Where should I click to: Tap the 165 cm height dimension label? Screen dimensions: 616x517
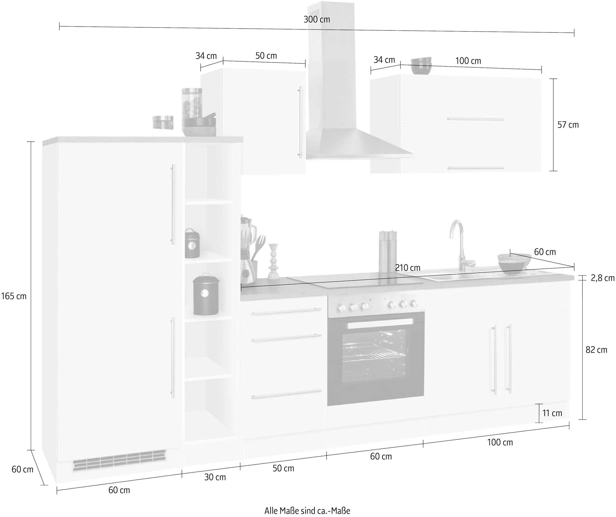[14, 296]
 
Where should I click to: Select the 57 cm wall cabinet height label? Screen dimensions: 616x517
[568, 125]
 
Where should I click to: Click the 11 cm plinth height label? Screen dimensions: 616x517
[552, 413]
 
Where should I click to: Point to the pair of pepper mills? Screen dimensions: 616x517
[388, 252]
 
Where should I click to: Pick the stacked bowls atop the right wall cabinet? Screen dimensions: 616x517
[421, 66]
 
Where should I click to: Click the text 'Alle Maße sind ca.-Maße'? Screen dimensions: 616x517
[307, 511]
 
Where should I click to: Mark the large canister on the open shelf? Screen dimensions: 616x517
[206, 294]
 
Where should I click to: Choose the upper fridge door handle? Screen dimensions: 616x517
[173, 205]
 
